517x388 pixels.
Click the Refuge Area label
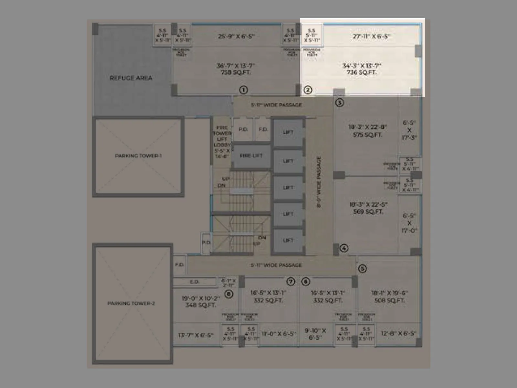tap(131, 78)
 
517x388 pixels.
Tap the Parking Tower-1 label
tap(138, 156)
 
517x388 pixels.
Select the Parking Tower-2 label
tap(131, 303)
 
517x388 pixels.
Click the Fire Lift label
tap(251, 156)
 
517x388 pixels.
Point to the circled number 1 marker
tap(244, 90)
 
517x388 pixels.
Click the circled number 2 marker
tap(308, 90)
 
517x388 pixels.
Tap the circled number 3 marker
tap(339, 103)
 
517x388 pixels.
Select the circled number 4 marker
tap(344, 248)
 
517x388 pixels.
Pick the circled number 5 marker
tap(362, 269)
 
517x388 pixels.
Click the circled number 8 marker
tap(229, 294)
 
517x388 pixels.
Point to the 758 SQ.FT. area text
tap(236, 72)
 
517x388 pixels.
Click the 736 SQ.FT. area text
tap(362, 72)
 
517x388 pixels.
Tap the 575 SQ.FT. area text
tap(367, 135)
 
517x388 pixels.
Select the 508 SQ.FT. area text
tap(389, 300)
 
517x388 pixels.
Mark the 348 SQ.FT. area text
tap(200, 305)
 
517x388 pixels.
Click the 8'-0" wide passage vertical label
tap(319, 182)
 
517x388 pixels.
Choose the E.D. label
tap(195, 282)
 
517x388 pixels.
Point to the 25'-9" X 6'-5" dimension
tap(236, 36)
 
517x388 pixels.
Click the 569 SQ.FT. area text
tap(368, 212)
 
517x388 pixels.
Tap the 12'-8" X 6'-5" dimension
tap(398, 333)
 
